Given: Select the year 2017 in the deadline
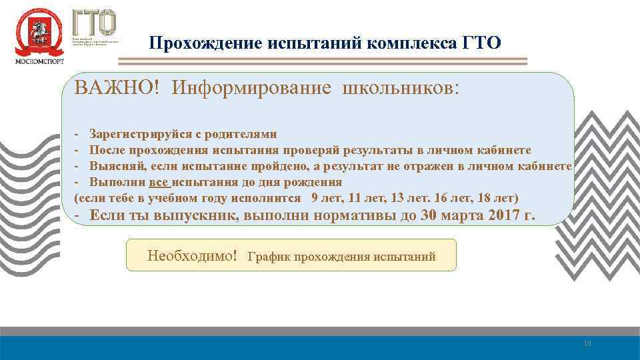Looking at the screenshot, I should tap(505, 216).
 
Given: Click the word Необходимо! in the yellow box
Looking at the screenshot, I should tap(192, 255).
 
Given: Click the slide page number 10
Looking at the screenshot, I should tap(587, 343).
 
